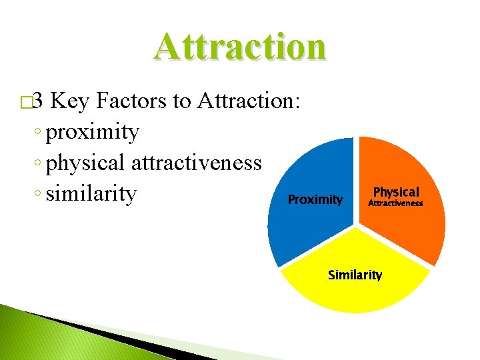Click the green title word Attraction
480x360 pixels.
click(240, 46)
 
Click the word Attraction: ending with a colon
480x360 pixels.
click(251, 101)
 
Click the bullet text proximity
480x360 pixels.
click(93, 133)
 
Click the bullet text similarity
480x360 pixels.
click(92, 193)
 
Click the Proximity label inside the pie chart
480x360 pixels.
click(315, 199)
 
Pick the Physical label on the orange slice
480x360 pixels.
click(396, 192)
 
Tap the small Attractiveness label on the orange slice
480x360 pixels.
click(396, 203)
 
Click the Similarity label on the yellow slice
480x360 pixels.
click(355, 275)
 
